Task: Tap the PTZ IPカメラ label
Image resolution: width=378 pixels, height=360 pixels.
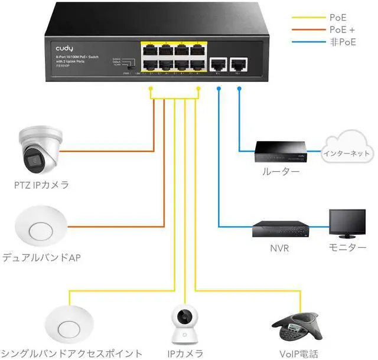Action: (x=42, y=185)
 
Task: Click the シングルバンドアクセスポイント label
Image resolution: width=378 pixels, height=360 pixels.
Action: (x=71, y=354)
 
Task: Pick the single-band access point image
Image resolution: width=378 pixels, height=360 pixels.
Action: (x=69, y=325)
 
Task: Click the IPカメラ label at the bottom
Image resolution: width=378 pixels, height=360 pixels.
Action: (x=185, y=354)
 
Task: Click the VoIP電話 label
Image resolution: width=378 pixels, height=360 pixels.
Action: (x=298, y=354)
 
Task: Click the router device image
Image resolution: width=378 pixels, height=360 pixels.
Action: (x=281, y=152)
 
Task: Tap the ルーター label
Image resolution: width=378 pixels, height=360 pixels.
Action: (x=281, y=172)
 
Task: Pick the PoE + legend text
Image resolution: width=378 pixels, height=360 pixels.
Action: (x=343, y=29)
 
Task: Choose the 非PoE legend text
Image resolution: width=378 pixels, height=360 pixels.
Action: (x=343, y=42)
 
